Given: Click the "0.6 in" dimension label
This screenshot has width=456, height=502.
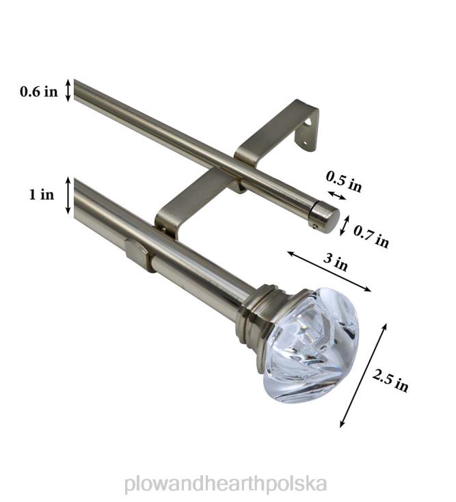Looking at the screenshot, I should click(38, 92).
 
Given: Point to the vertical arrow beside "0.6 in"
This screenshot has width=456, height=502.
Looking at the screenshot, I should click(68, 90).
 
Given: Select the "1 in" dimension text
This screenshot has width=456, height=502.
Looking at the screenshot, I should click(41, 195).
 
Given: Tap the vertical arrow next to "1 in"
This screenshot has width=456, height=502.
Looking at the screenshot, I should click(68, 196).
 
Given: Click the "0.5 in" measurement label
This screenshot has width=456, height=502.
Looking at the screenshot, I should click(343, 182).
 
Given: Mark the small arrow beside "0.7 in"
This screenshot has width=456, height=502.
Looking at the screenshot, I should click(346, 225).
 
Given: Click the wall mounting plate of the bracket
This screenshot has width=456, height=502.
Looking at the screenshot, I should click(307, 126).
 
